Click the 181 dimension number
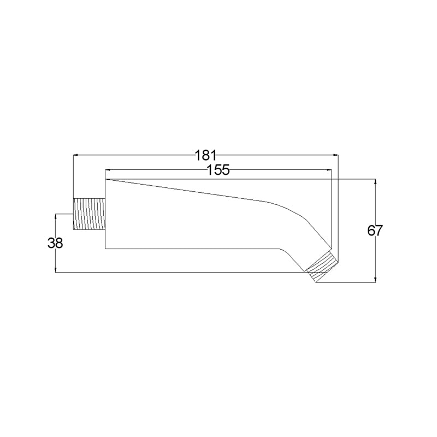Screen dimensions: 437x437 (206, 155)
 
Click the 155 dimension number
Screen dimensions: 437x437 (218, 170)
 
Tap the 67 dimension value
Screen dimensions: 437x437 (375, 231)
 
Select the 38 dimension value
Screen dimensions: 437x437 (55, 243)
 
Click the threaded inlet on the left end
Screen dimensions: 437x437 (89, 214)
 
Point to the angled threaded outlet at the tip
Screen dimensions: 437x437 (322, 267)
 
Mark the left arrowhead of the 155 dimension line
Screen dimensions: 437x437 (107, 169)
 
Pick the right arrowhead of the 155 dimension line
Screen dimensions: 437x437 (329, 169)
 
